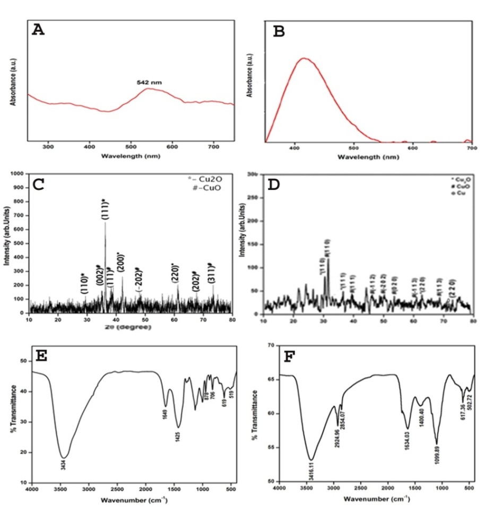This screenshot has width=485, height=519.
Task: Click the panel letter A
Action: pyautogui.click(x=38, y=30)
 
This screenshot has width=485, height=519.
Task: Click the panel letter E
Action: pyautogui.click(x=40, y=356)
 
